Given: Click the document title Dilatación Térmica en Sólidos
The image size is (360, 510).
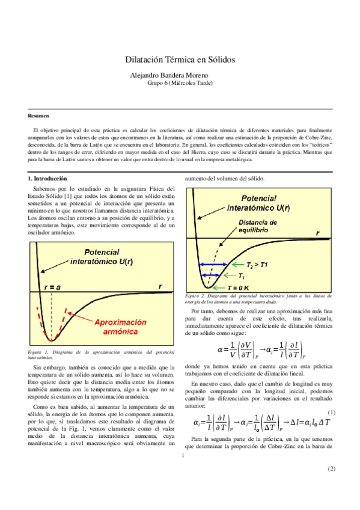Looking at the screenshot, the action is tap(180, 60).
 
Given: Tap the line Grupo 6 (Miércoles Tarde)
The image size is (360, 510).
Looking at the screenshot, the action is tap(180, 84).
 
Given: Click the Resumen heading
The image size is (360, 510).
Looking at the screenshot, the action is tap(38, 115).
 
